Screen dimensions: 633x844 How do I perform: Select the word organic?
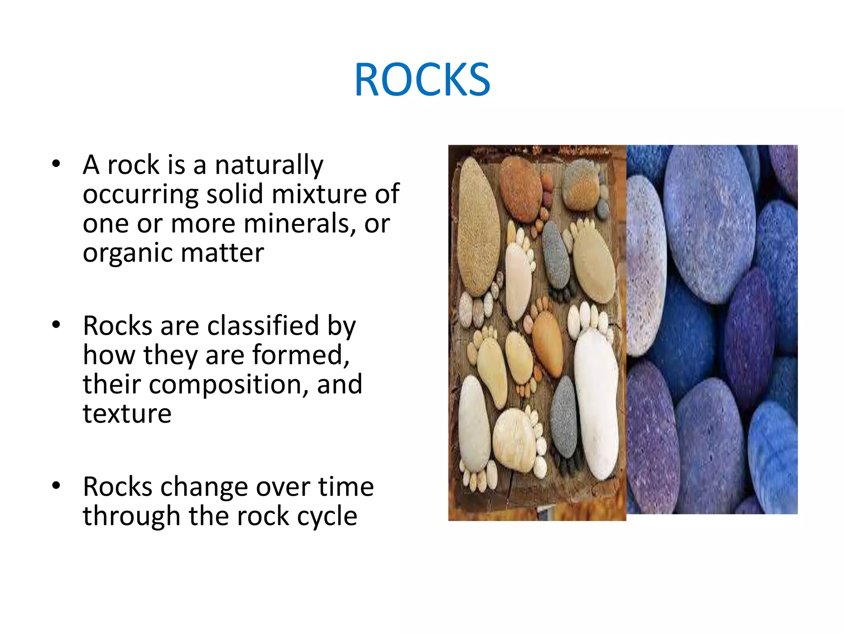127,253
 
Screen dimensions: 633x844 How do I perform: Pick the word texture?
127,414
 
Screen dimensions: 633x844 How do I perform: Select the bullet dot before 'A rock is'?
56,164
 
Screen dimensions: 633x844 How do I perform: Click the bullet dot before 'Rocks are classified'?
56,325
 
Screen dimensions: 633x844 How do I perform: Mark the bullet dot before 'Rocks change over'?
56,486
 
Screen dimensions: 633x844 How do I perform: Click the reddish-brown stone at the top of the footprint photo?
520,190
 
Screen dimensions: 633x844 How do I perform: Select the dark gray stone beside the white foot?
563,416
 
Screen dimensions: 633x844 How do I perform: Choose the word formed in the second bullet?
300,355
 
